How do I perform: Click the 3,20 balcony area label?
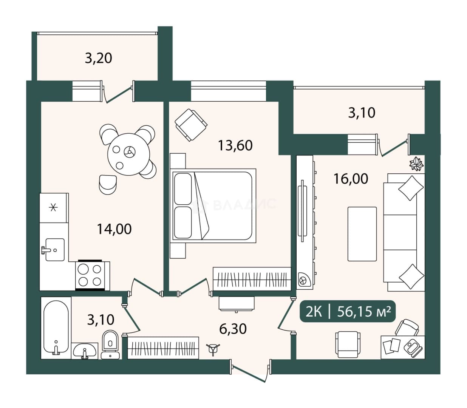click(98, 58)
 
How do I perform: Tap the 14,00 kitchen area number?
click(114, 229)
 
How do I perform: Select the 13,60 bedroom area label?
click(235, 145)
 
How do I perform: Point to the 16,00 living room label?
click(351, 179)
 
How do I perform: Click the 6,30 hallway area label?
click(233, 329)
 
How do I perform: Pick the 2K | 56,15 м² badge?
click(347, 311)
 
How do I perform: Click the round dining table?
click(128, 154)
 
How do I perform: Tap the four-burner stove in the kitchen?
click(90, 275)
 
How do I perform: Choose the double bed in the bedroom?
click(214, 206)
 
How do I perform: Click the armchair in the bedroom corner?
click(191, 125)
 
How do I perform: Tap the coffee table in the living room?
click(362, 234)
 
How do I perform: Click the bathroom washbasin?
click(85, 351)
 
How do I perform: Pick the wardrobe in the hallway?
click(163, 348)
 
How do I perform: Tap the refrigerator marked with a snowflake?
click(54, 208)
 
